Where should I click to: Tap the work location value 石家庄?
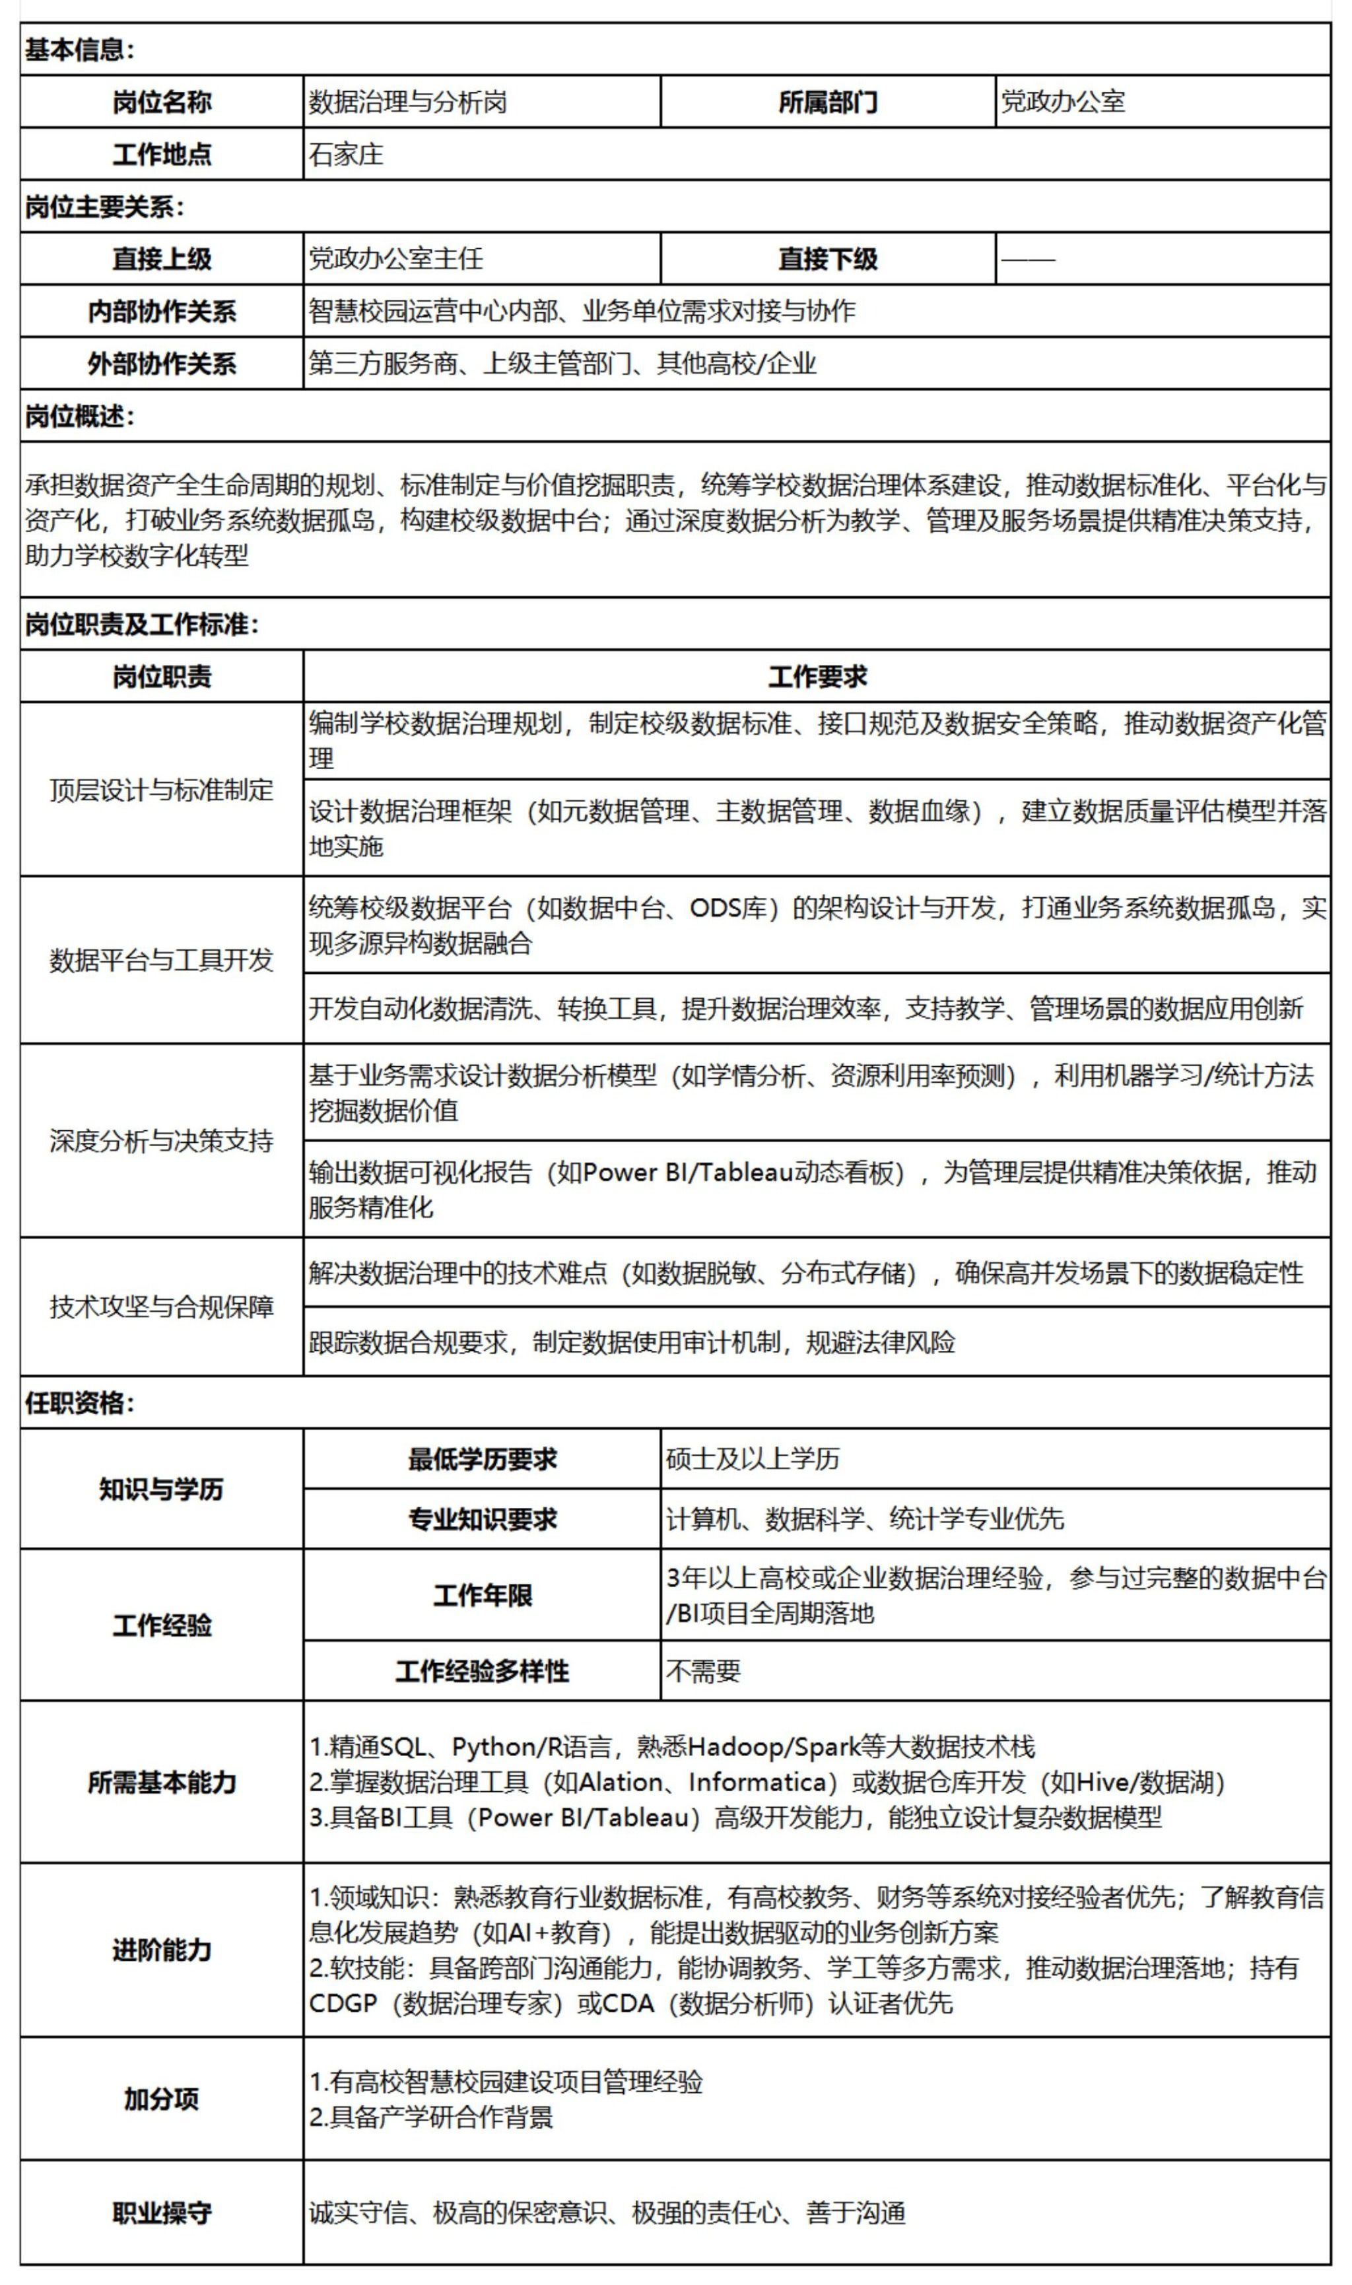coord(346,154)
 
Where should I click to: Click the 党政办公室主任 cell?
coord(395,259)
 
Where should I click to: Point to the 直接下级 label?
coord(827,259)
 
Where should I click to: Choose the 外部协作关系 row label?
coord(161,364)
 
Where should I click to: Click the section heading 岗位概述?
coord(80,417)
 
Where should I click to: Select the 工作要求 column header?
coord(817,676)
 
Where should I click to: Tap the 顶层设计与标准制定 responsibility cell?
coord(161,789)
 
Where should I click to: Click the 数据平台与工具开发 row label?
coord(161,959)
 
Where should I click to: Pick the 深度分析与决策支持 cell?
coord(161,1140)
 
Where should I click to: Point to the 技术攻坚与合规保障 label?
coord(161,1307)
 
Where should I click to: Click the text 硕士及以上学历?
coord(753,1458)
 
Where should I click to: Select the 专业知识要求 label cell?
coord(482,1518)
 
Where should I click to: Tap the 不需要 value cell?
coord(703,1670)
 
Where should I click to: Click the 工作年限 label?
coord(482,1594)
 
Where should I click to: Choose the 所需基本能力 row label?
coord(161,1781)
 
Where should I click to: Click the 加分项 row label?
coord(161,2098)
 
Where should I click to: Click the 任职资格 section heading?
coord(80,1402)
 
